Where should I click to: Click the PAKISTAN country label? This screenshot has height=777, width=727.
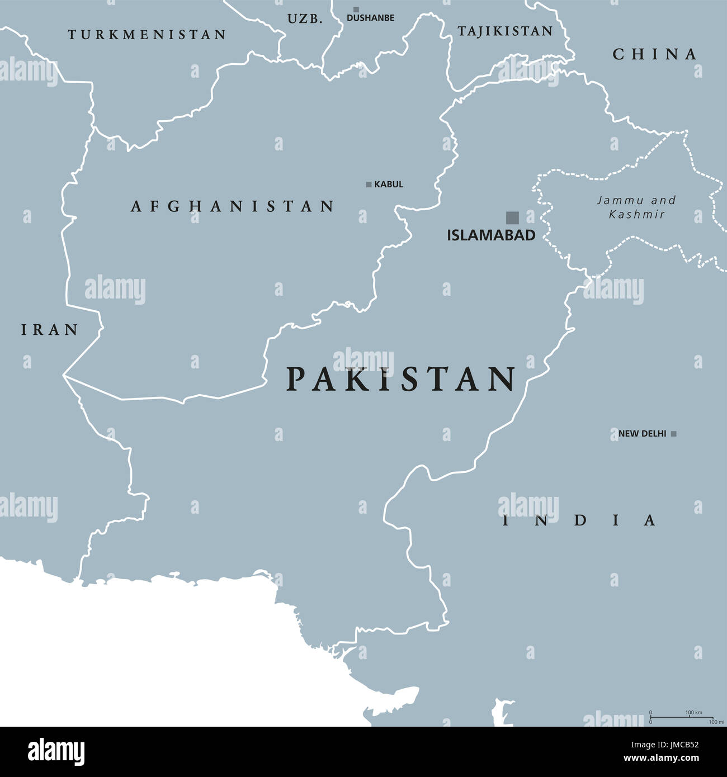[x=400, y=379]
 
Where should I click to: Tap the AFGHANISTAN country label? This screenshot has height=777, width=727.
[x=232, y=206]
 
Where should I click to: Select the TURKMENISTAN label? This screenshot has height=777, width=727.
[x=147, y=35]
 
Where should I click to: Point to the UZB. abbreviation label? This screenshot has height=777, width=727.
[x=305, y=19]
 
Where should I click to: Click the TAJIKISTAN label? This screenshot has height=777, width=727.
[x=505, y=31]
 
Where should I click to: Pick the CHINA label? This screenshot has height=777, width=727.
[x=655, y=54]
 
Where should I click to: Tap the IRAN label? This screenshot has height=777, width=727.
[x=50, y=330]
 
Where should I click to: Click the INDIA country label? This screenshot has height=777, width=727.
[x=579, y=520]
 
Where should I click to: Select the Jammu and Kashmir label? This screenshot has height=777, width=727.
[x=636, y=207]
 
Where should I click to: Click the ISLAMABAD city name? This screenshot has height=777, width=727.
[x=491, y=235]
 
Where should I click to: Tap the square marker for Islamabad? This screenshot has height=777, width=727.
[x=512, y=217]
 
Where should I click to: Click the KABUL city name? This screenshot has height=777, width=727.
[x=389, y=184]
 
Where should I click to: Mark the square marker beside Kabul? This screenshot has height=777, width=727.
[x=369, y=184]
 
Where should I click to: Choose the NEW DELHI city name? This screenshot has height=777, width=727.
[x=642, y=434]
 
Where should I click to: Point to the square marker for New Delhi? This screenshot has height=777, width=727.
[x=674, y=434]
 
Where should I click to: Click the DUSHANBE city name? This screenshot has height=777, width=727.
[x=370, y=18]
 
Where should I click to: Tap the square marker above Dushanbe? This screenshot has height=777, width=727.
[x=356, y=10]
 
